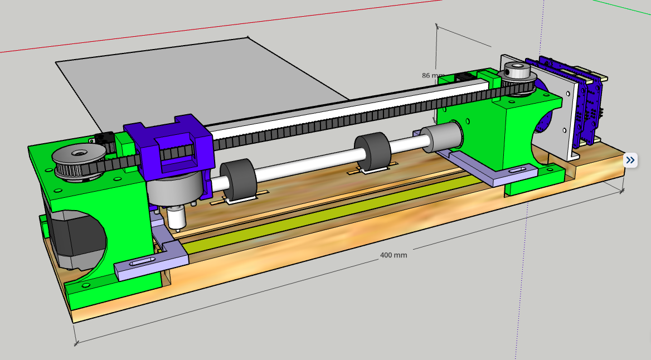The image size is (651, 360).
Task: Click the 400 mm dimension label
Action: click(393, 255)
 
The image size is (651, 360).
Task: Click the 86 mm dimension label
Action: click(433, 75)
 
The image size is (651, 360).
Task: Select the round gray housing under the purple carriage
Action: click(173, 189)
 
